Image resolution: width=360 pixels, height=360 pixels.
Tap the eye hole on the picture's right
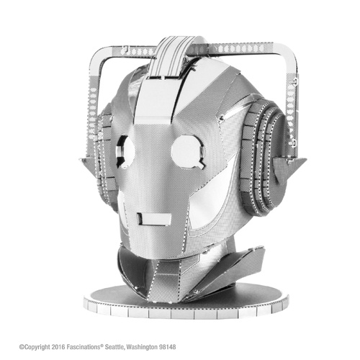tap(188, 151)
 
